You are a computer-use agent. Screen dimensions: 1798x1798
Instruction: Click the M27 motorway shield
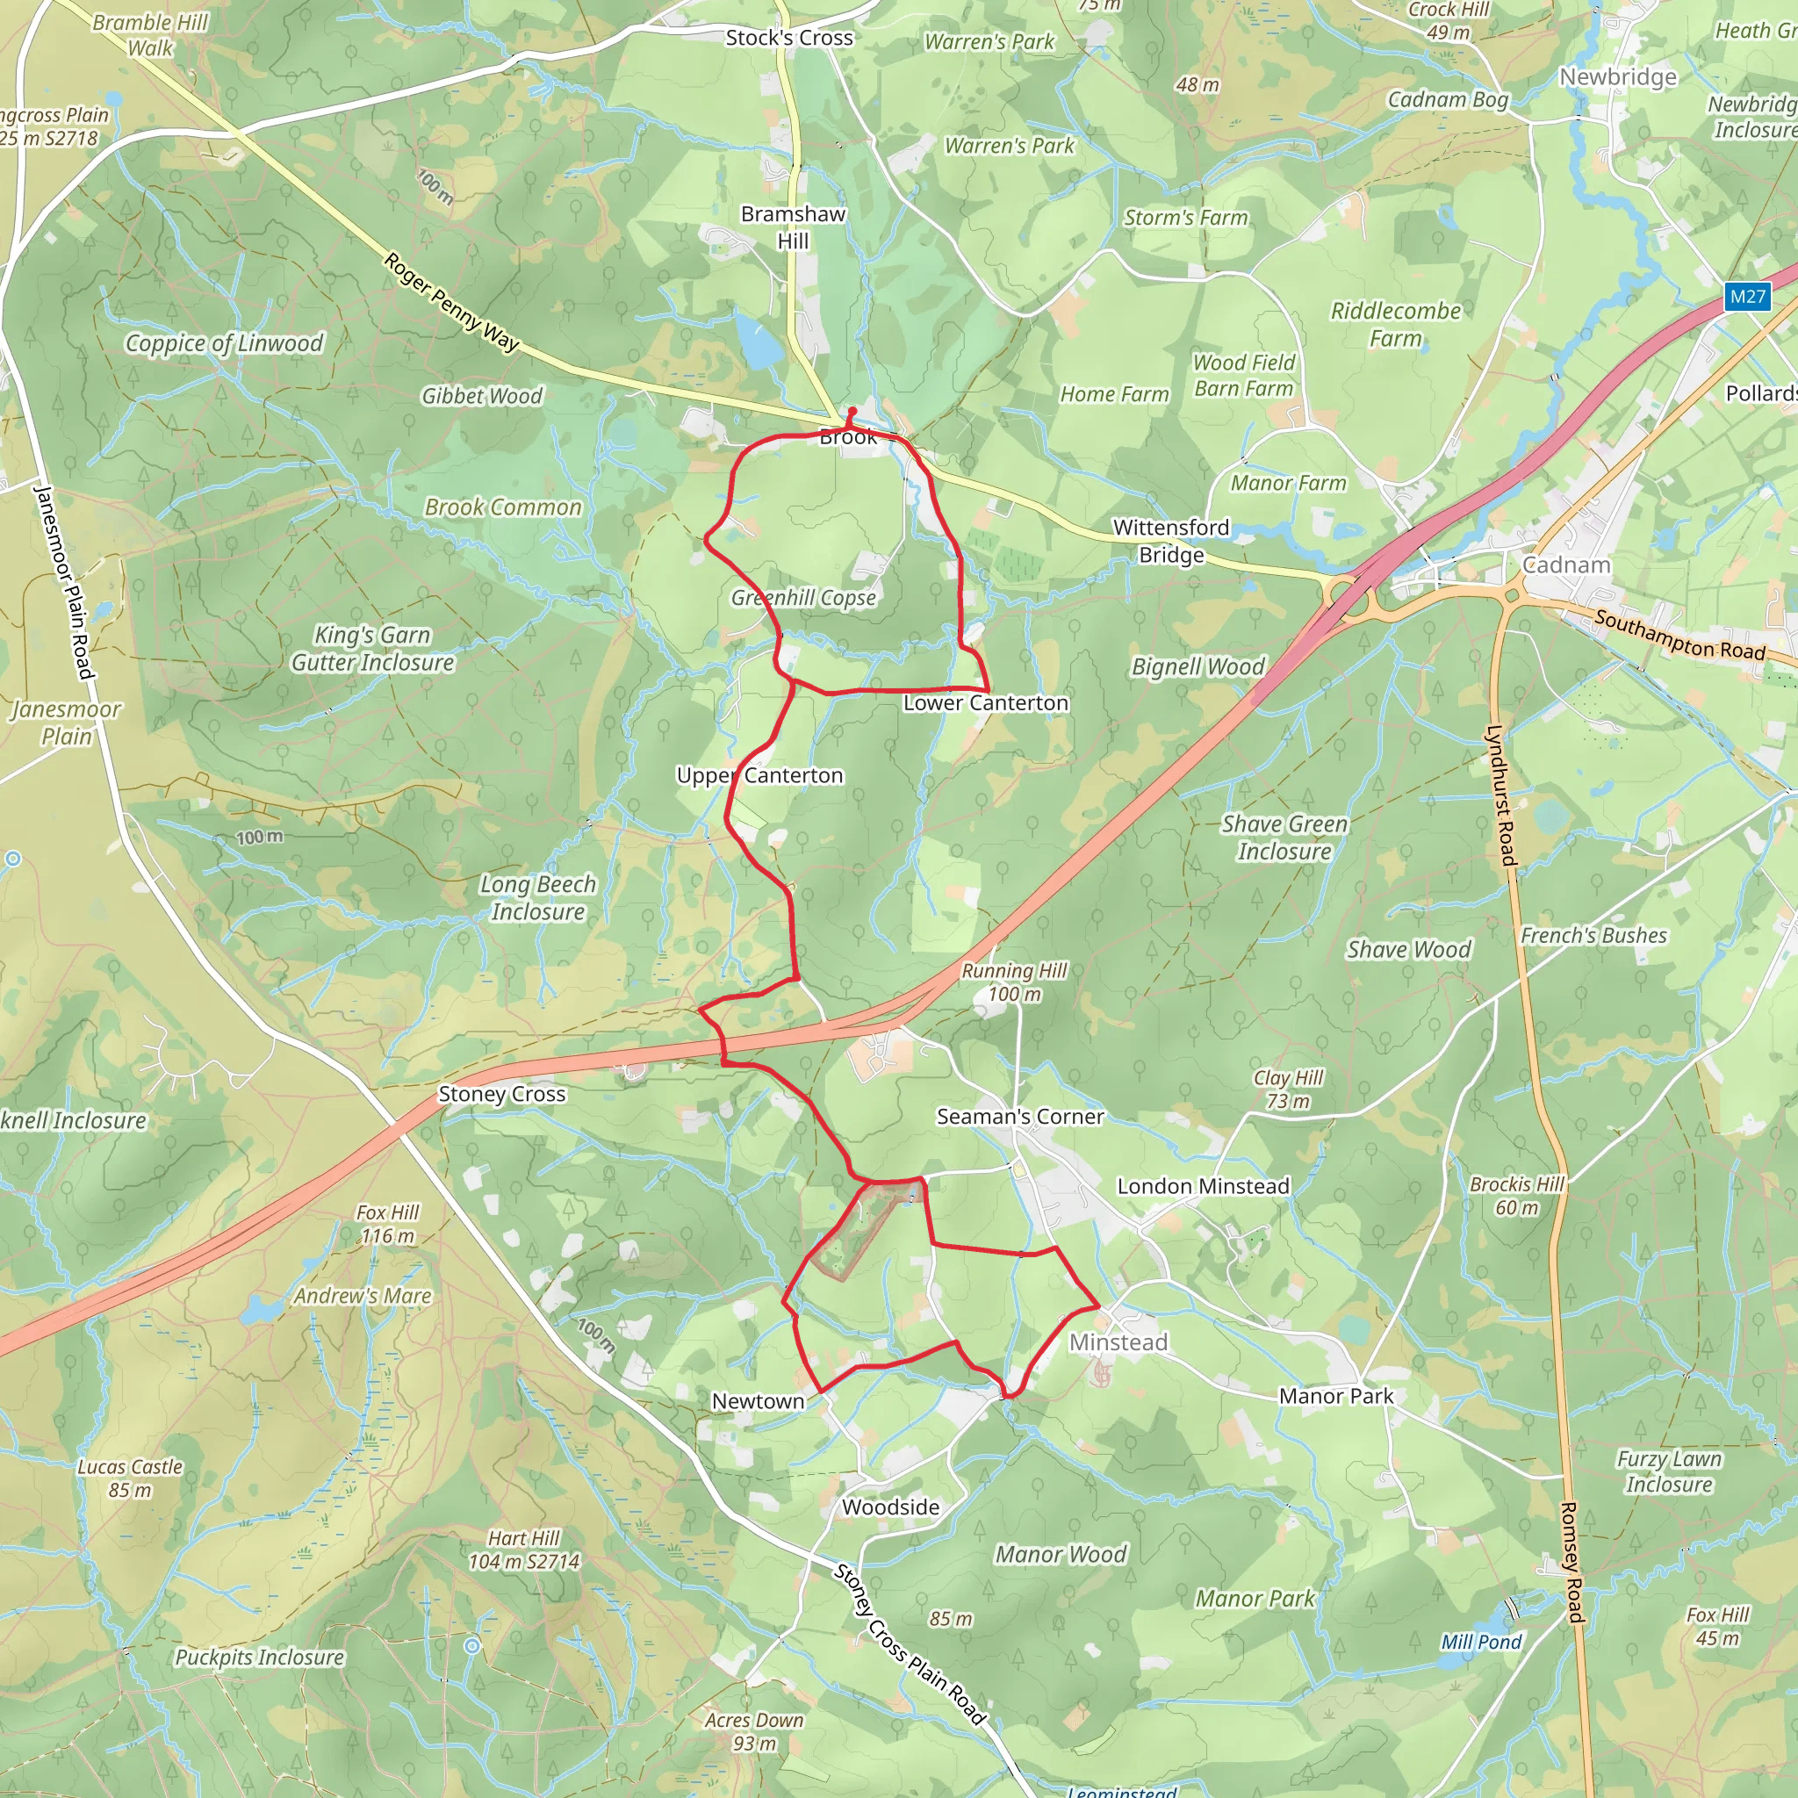tap(1747, 297)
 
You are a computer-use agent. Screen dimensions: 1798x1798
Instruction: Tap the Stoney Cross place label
tap(501, 1095)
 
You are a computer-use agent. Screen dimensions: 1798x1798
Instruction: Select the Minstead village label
tap(1118, 1342)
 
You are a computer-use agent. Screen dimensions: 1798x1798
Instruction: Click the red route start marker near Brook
tap(852, 410)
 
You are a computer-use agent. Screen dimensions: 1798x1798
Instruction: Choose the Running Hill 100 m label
tap(1013, 982)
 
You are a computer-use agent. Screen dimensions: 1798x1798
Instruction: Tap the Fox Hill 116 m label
tap(387, 1224)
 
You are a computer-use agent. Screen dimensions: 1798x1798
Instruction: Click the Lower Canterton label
tap(986, 702)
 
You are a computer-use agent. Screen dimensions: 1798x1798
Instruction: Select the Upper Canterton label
tap(759, 775)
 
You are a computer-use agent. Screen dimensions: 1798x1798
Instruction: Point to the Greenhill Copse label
tap(803, 598)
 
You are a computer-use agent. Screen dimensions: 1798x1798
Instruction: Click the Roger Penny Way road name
tap(451, 303)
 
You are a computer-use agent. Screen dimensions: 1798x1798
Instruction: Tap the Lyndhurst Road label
tap(1501, 795)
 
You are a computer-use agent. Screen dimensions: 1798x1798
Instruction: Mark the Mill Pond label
tap(1481, 1642)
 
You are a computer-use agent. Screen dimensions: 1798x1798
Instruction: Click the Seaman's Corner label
tap(1020, 1116)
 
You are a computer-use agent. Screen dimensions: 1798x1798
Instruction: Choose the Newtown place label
tap(758, 1400)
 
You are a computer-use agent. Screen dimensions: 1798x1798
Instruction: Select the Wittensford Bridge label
tap(1171, 541)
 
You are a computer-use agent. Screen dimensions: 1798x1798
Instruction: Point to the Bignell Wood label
tap(1197, 666)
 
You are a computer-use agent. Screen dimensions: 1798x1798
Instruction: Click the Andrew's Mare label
tap(363, 1296)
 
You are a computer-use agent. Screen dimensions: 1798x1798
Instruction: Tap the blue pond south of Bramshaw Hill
tap(759, 342)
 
